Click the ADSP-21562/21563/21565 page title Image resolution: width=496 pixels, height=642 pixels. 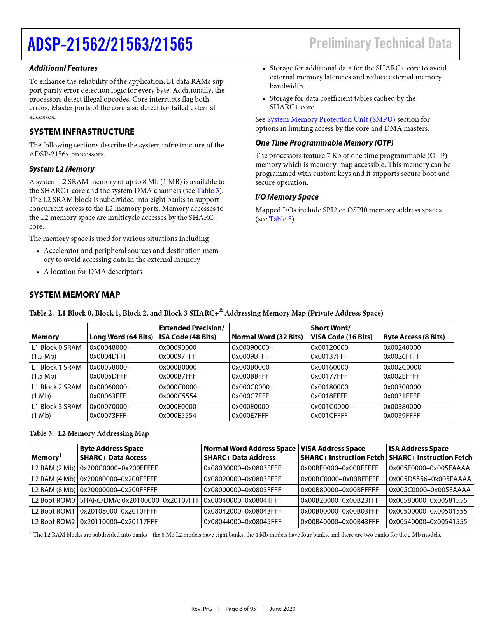(x=110, y=44)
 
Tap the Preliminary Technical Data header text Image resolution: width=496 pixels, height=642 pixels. (x=380, y=44)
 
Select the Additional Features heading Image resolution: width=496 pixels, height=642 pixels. (x=63, y=68)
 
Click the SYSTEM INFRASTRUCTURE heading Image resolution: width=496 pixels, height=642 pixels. (x=82, y=132)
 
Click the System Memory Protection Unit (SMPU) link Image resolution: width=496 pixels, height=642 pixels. (x=331, y=119)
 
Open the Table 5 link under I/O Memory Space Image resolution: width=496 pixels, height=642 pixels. (x=280, y=219)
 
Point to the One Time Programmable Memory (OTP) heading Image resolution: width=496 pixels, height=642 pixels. (x=324, y=143)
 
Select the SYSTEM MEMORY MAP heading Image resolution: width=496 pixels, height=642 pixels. (x=75, y=295)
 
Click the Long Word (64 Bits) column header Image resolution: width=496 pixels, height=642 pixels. (x=121, y=337)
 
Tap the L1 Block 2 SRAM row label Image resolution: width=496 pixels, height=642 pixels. (x=56, y=391)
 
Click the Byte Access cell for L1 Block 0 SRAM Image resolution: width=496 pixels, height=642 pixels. (x=404, y=352)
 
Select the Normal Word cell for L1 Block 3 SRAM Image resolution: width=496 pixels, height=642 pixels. (x=252, y=411)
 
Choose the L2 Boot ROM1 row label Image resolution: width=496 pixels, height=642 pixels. (x=53, y=511)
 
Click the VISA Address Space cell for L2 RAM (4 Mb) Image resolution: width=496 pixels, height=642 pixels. (x=340, y=479)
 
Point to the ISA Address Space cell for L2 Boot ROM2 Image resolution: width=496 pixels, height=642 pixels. (x=428, y=522)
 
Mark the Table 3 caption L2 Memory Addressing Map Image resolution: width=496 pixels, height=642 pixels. (x=89, y=433)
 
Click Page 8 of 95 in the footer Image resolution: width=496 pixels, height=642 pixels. (x=241, y=609)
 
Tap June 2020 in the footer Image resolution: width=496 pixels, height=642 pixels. (x=282, y=609)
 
